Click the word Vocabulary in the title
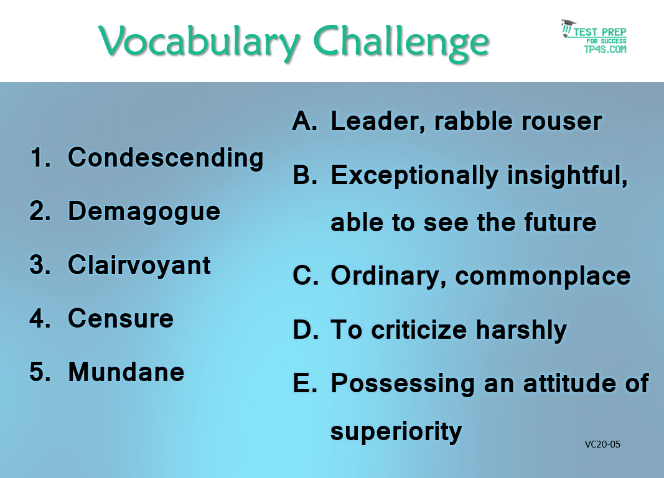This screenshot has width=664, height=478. pyautogui.click(x=199, y=43)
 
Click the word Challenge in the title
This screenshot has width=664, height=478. pyautogui.click(x=401, y=43)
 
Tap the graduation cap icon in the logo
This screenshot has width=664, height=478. pyautogui.click(x=568, y=27)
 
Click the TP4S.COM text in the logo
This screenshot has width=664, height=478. pyautogui.click(x=606, y=49)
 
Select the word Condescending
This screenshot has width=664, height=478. pyautogui.click(x=166, y=159)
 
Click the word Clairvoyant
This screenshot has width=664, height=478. pyautogui.click(x=139, y=266)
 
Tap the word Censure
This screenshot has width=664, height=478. pyautogui.click(x=121, y=318)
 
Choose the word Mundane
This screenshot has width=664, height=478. pyautogui.click(x=126, y=372)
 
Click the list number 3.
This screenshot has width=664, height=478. pyautogui.click(x=40, y=265)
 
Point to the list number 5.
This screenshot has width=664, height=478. pyautogui.click(x=40, y=372)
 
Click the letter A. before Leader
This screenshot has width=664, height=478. pyautogui.click(x=305, y=121)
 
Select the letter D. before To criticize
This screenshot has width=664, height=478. pyautogui.click(x=306, y=329)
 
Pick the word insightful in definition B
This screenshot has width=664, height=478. pyautogui.click(x=567, y=175)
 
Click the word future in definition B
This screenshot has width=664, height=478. pyautogui.click(x=560, y=223)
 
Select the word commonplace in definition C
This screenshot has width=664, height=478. pyautogui.click(x=543, y=277)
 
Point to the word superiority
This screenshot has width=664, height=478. pyautogui.click(x=396, y=432)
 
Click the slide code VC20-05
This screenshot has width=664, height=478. pyautogui.click(x=602, y=444)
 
